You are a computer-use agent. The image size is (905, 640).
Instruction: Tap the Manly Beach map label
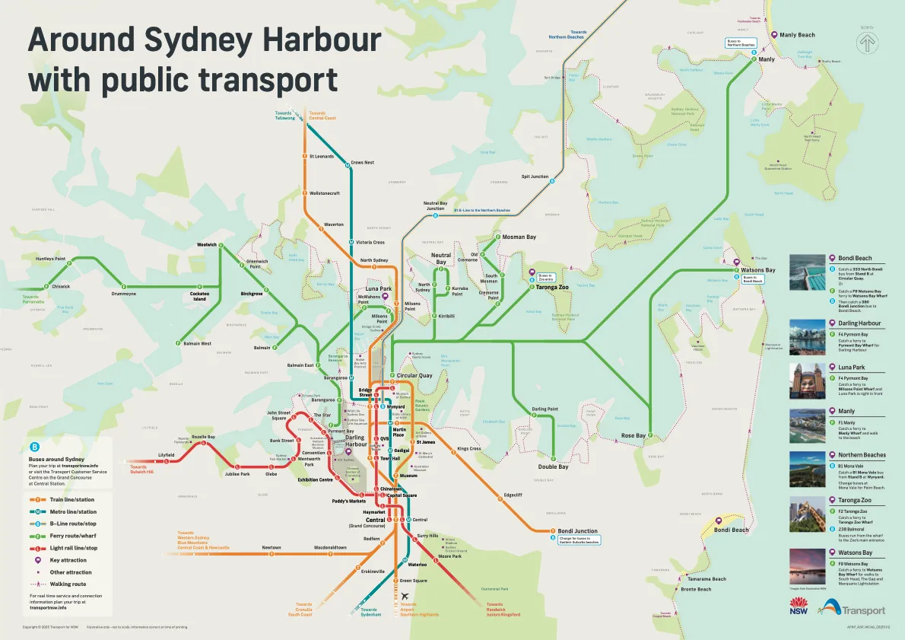click(x=797, y=35)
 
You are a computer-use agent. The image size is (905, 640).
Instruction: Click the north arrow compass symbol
click(x=867, y=43)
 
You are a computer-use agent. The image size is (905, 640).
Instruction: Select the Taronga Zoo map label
click(x=552, y=287)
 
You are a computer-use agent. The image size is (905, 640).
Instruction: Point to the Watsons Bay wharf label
click(x=758, y=270)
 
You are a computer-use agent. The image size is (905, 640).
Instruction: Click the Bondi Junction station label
click(x=577, y=531)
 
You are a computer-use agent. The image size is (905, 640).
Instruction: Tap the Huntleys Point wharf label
click(x=50, y=259)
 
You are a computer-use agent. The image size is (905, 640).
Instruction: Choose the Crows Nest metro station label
click(x=362, y=162)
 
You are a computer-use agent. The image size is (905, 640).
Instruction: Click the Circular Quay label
click(x=414, y=375)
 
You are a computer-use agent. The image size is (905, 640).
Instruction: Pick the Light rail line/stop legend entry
click(x=74, y=548)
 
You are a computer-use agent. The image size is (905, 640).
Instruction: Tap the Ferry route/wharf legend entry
click(x=75, y=536)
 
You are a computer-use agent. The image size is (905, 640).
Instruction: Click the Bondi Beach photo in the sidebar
click(x=807, y=272)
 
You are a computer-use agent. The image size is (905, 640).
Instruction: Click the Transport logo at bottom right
click(x=853, y=608)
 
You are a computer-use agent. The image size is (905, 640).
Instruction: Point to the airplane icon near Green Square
click(x=405, y=596)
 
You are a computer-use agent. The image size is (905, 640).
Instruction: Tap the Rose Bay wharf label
click(x=633, y=436)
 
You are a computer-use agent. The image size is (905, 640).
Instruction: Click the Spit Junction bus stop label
click(x=535, y=177)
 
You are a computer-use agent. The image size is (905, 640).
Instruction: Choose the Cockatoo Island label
click(x=199, y=296)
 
